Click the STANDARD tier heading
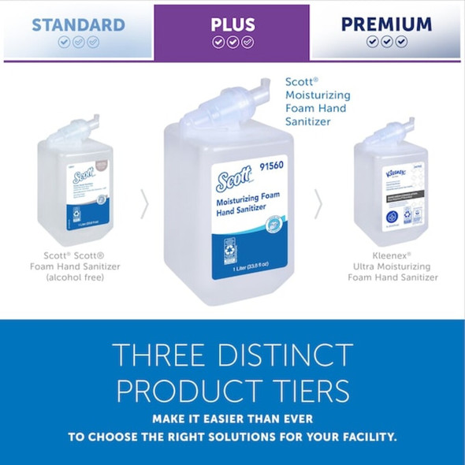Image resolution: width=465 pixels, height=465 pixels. [x=77, y=24]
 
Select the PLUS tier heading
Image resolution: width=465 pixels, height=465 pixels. [x=232, y=24]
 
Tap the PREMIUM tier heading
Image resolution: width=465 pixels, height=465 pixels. [x=386, y=24]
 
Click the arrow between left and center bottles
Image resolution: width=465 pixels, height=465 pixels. [x=144, y=204]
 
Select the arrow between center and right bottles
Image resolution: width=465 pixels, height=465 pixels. [x=318, y=204]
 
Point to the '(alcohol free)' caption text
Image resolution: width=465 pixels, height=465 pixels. [x=76, y=277]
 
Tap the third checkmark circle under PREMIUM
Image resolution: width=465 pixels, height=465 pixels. [x=402, y=42]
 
